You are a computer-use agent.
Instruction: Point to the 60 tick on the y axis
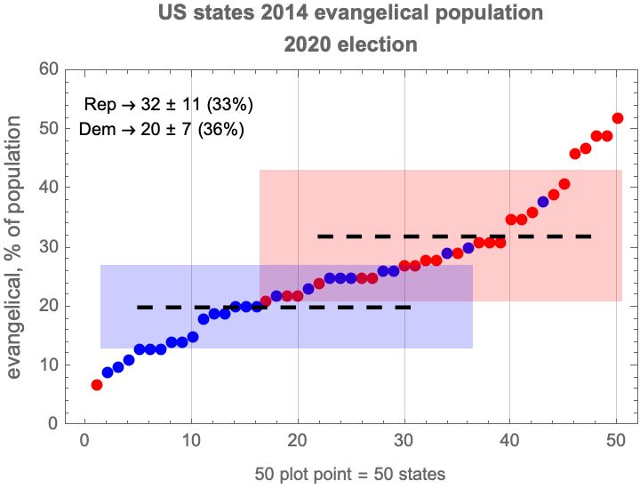[x=49, y=69]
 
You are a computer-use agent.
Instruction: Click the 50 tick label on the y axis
[x=49, y=129]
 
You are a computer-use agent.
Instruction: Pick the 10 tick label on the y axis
[x=49, y=365]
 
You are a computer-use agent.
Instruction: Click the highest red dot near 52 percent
[x=618, y=118]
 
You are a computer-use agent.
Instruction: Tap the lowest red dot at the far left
[x=97, y=385]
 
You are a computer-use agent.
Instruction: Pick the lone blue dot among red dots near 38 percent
[x=543, y=202]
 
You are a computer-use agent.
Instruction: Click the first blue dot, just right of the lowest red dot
[x=108, y=373]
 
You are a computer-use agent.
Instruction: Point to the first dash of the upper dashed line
[x=326, y=236]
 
